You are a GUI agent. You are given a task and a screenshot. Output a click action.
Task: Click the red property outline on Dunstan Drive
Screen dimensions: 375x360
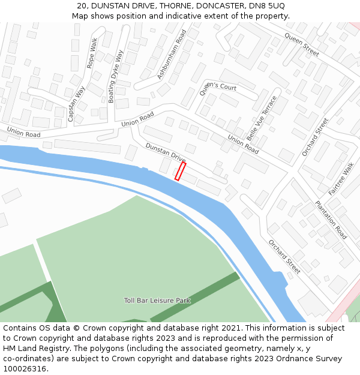[x=180, y=171]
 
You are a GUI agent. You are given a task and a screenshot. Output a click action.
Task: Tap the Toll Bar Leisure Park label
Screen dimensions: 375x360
[x=157, y=301]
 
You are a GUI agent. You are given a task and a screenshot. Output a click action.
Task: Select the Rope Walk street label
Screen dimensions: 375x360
[x=92, y=53]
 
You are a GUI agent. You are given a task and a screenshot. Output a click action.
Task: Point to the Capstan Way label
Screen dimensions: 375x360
[x=76, y=104]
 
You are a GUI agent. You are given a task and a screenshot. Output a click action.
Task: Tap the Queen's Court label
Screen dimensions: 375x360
[x=218, y=87]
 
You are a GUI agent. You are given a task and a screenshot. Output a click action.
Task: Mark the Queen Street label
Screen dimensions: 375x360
[x=302, y=45]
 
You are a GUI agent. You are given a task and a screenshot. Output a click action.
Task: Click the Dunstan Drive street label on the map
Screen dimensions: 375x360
[x=166, y=152]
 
